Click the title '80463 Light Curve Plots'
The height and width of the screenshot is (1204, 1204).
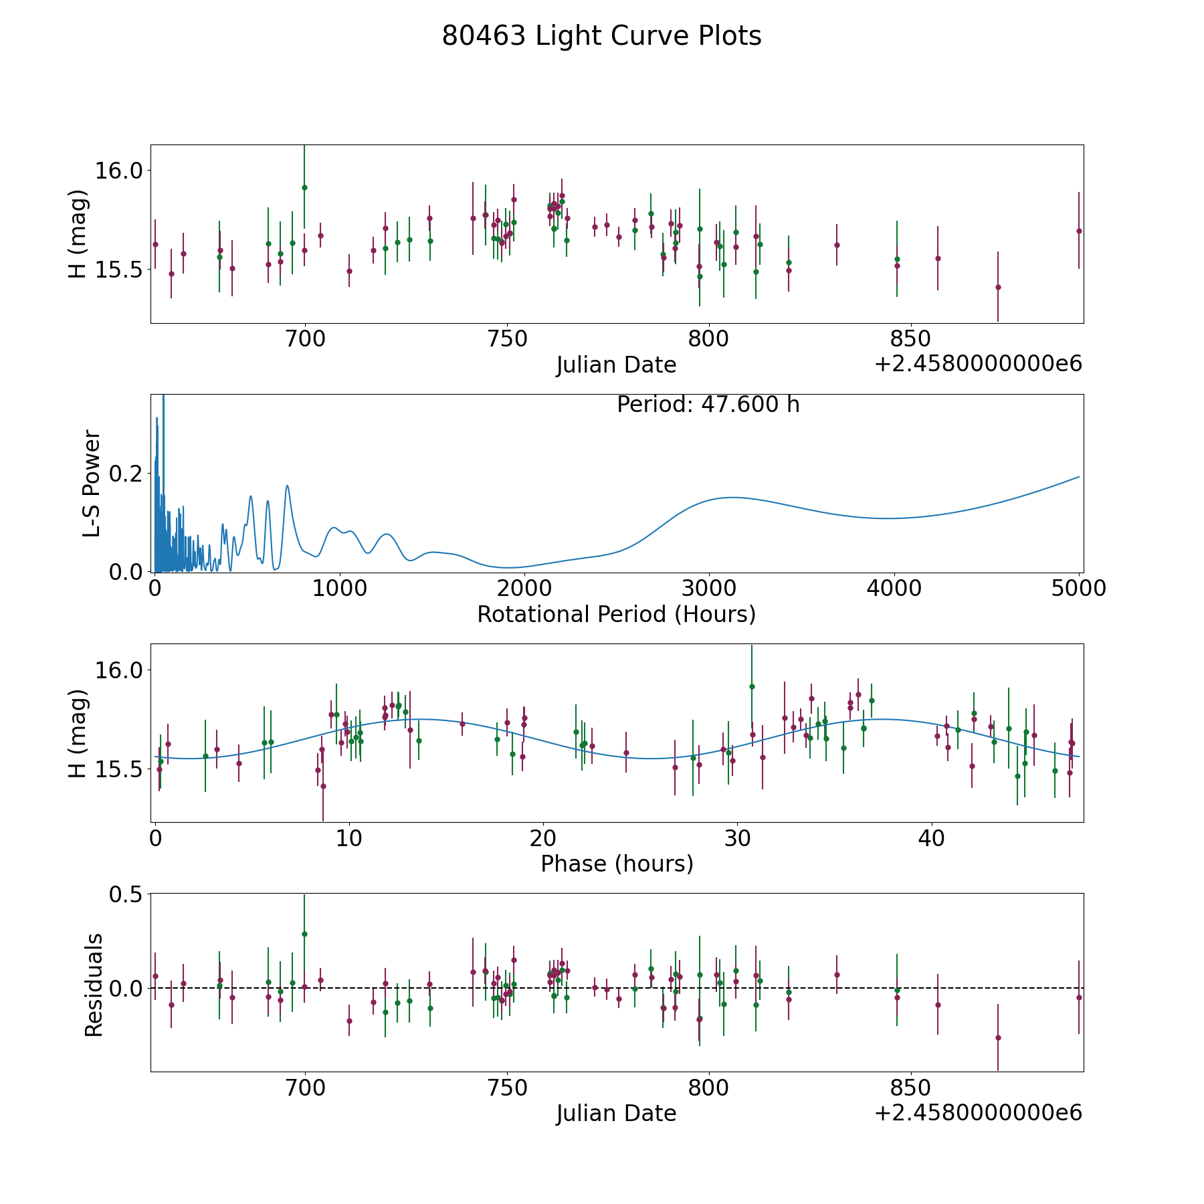coord(601,36)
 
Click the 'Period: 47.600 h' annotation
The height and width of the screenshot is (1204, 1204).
coord(708,405)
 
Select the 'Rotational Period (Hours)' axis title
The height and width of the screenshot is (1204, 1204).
coord(616,614)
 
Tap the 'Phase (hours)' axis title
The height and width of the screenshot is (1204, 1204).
coord(616,864)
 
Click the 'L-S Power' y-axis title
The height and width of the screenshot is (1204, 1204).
coord(92,483)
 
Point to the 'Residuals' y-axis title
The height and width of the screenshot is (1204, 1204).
coord(94,985)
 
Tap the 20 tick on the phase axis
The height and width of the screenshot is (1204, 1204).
coord(543,838)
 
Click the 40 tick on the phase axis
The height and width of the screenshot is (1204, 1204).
coord(931,838)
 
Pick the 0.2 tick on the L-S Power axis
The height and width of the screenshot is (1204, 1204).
coord(127,474)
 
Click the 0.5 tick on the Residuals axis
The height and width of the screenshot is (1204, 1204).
coord(127,894)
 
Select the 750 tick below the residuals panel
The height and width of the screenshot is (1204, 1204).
coord(507,1088)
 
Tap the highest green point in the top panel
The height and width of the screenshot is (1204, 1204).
coord(304,187)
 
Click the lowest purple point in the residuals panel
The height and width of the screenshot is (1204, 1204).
coord(998,1037)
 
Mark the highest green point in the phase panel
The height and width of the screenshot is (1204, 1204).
coord(752,686)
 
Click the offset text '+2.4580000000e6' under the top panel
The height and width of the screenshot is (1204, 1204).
coord(978,364)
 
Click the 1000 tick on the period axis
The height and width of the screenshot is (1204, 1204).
coord(339,589)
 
